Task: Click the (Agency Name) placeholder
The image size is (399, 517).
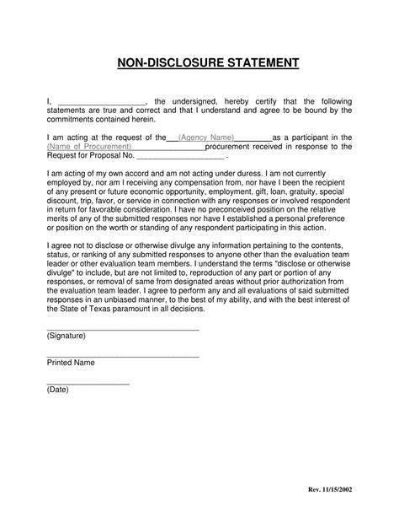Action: pyautogui.click(x=206, y=137)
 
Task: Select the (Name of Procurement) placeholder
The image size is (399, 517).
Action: pyautogui.click(x=89, y=146)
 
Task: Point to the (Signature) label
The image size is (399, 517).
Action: pyautogui.click(x=66, y=335)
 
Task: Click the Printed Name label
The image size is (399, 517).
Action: pyautogui.click(x=71, y=363)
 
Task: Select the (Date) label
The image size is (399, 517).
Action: pyautogui.click(x=58, y=390)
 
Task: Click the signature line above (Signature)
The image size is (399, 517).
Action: pyautogui.click(x=122, y=328)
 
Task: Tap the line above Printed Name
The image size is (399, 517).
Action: pyautogui.click(x=122, y=356)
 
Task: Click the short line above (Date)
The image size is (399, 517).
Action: pyautogui.click(x=88, y=383)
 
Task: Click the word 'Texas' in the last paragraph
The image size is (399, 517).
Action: pyautogui.click(x=107, y=310)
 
